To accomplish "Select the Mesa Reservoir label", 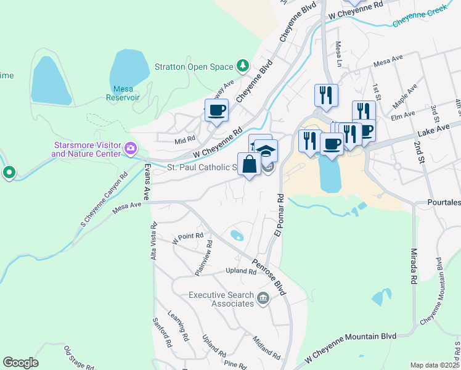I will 128,92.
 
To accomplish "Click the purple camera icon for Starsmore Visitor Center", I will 130,148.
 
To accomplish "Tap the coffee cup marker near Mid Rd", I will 216,111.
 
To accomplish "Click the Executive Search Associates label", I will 221,299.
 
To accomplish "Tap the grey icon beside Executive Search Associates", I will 263,299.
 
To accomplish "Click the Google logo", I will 20,362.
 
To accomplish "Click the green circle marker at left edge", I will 9,172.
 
